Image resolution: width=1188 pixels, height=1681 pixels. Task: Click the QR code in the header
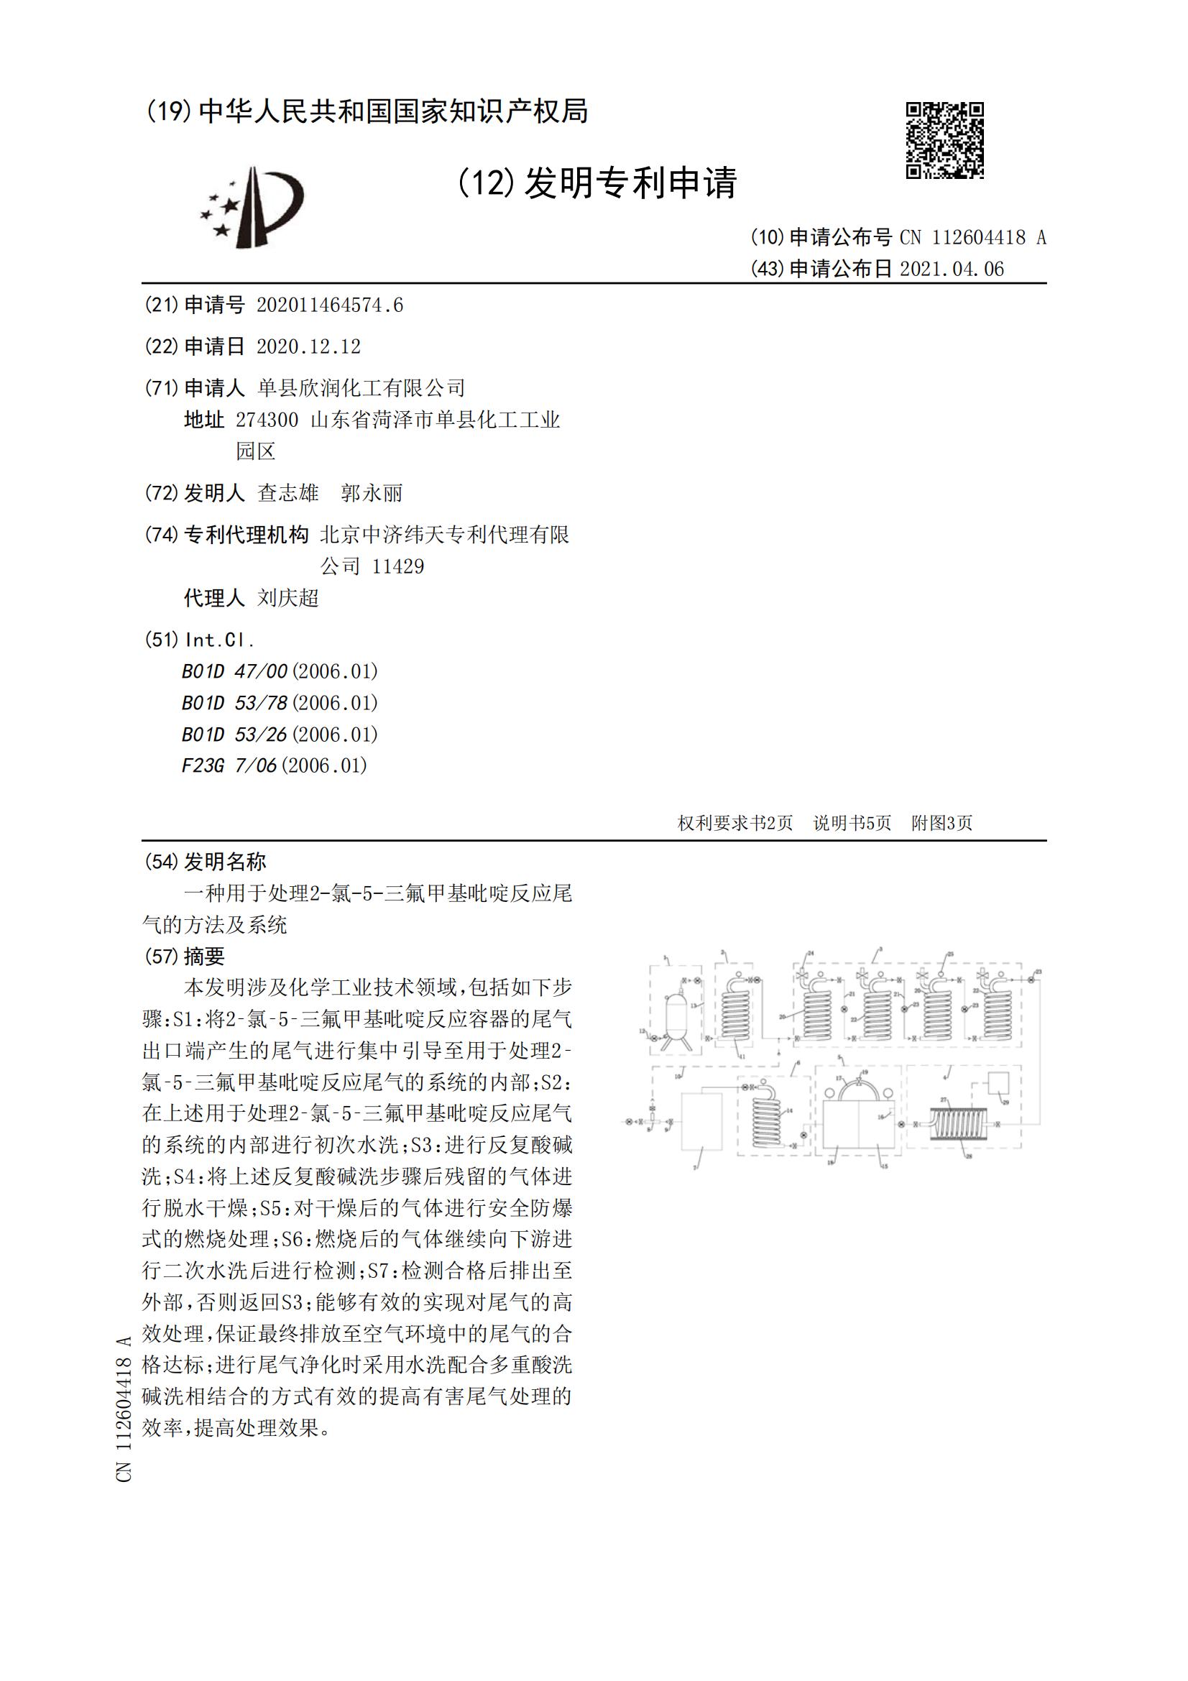point(944,141)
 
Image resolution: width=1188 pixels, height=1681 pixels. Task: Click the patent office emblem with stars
point(252,206)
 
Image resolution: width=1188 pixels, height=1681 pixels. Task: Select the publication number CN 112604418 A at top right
point(972,237)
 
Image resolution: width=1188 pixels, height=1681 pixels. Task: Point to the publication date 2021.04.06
point(952,270)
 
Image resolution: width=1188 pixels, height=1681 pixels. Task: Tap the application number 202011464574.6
point(329,305)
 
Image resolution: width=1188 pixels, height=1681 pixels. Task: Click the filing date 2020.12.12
point(308,346)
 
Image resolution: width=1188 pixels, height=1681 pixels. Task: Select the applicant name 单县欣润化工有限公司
point(361,387)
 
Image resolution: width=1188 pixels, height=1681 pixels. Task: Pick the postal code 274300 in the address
point(267,420)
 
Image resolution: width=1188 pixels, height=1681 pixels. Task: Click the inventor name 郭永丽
point(371,494)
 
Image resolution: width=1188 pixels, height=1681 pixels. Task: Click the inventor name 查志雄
point(287,494)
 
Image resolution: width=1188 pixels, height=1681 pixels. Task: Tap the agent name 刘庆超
point(287,598)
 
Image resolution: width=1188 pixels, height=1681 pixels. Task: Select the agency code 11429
point(397,566)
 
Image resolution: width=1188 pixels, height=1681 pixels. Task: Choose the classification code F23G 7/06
point(229,766)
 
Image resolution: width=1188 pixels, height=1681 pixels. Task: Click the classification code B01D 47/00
point(234,671)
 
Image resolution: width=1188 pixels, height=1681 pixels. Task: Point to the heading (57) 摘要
point(184,956)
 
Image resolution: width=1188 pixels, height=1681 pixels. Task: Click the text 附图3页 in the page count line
point(941,823)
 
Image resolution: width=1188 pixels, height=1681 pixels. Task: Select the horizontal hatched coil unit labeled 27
point(958,1124)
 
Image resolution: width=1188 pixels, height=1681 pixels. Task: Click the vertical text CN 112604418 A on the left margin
point(124,1409)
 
